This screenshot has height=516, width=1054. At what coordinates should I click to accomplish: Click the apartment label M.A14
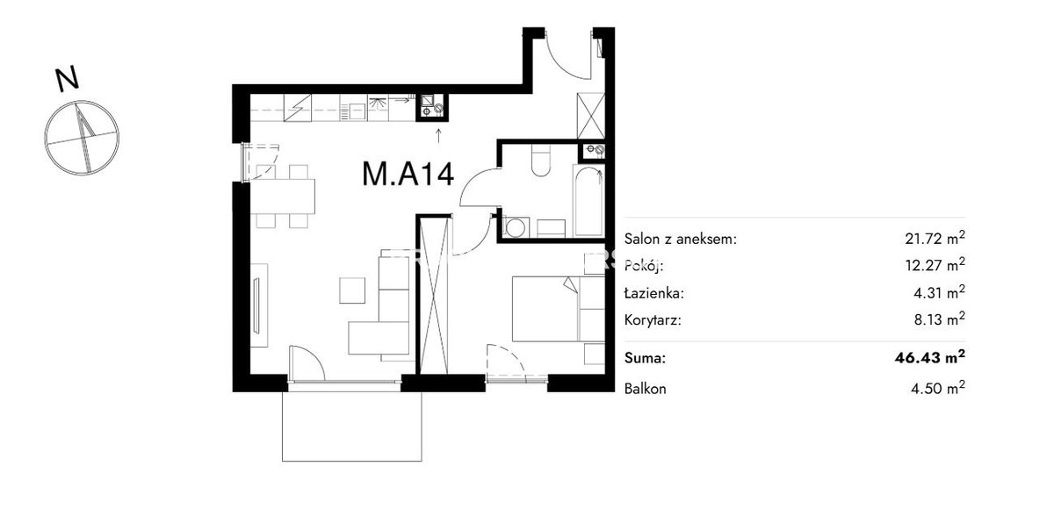coord(408,174)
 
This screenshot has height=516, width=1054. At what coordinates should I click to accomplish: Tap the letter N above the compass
coord(68,80)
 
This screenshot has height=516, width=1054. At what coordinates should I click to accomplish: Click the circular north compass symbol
coord(82,138)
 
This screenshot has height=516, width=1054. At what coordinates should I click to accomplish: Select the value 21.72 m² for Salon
coord(935,238)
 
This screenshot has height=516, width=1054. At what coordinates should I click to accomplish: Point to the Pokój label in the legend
coord(644,266)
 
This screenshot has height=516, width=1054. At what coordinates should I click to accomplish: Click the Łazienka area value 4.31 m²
coord(939,292)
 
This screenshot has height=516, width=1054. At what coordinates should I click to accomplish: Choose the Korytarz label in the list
coord(653,320)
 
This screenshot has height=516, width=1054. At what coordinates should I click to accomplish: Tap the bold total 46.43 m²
coord(930,357)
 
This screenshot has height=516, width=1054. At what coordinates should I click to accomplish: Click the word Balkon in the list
coord(645,389)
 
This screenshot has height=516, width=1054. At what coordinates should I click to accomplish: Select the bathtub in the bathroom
coord(588,201)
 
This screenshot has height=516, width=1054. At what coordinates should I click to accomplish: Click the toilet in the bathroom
coord(541,161)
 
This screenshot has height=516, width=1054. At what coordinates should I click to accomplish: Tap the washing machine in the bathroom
coord(516,228)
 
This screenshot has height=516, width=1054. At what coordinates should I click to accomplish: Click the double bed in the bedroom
coord(558,309)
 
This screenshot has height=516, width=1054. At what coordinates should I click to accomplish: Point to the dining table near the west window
coord(282,197)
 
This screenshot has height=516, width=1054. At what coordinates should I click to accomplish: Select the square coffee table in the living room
coord(352,290)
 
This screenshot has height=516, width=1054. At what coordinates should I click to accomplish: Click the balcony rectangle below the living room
coord(351,426)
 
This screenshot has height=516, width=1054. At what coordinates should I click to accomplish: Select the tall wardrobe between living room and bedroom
coord(434,295)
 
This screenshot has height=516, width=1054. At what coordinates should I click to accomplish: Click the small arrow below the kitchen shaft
coord(438,135)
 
